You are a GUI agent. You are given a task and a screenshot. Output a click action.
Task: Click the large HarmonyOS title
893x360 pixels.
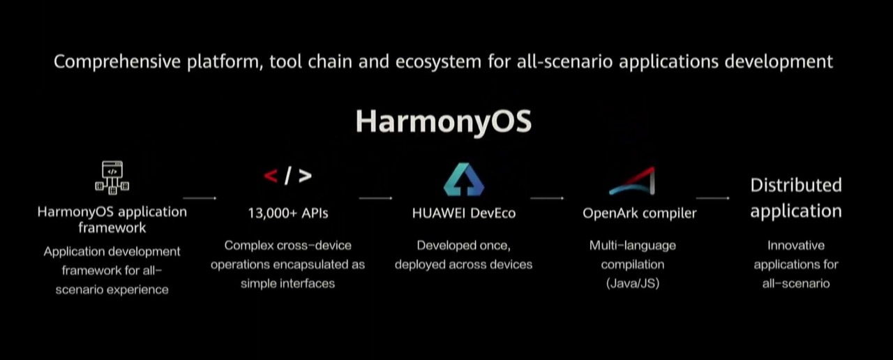click(443, 122)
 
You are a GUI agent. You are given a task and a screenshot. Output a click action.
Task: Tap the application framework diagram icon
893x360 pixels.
click(112, 178)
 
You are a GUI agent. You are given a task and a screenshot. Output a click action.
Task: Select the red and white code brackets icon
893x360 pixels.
click(288, 176)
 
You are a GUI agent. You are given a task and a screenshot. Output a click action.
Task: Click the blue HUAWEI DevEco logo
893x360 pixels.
click(464, 179)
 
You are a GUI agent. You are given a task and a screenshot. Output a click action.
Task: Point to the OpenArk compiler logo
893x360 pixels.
click(632, 181)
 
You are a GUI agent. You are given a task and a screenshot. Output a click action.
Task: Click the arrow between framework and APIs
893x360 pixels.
click(200, 197)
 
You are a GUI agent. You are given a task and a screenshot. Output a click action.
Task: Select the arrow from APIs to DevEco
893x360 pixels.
click(375, 197)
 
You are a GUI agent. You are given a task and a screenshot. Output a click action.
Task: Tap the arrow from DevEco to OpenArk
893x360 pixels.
click(547, 197)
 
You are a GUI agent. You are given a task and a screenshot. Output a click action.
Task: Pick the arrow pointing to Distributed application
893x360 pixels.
click(713, 197)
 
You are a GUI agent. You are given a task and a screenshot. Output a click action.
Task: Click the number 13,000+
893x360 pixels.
click(273, 213)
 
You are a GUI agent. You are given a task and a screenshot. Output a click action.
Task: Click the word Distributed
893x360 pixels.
click(796, 186)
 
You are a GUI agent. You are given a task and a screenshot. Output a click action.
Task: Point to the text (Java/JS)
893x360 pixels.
click(633, 283)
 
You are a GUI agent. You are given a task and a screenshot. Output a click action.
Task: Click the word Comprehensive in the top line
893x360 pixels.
click(117, 62)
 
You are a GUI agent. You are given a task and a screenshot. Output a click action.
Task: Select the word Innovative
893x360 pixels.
click(796, 245)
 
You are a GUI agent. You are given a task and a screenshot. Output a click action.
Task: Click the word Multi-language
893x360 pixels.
click(633, 246)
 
